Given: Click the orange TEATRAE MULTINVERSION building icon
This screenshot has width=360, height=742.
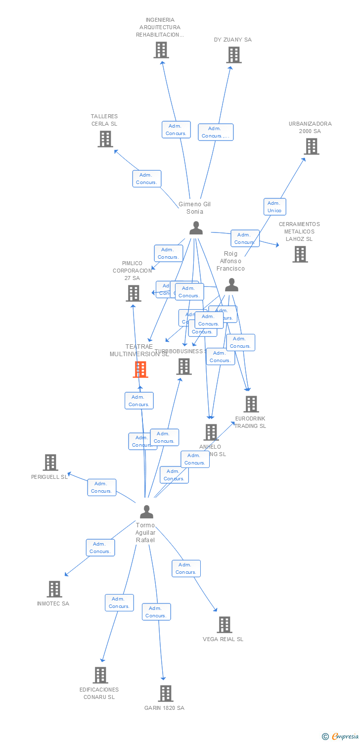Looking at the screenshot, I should (140, 369).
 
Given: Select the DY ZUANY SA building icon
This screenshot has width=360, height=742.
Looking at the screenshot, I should (234, 55).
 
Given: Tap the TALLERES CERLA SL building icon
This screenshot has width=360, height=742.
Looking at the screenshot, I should (105, 139).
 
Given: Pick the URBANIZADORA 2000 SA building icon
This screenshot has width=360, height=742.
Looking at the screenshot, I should (311, 146).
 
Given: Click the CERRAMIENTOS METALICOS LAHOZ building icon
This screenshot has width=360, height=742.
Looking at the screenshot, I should (300, 254).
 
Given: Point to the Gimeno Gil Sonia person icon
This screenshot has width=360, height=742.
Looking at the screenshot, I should (196, 228).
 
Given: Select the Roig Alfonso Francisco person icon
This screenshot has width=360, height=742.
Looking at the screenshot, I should (231, 285).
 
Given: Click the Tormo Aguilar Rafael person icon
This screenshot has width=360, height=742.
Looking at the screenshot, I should (146, 511).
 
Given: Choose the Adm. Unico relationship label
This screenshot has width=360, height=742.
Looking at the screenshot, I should (274, 207).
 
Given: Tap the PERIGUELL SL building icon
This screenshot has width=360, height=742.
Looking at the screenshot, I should (50, 463).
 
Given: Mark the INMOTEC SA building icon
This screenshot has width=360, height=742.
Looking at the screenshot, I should (54, 589).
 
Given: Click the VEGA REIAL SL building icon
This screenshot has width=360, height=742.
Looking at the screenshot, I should (225, 625).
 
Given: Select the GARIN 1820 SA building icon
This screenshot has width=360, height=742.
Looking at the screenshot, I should (166, 694).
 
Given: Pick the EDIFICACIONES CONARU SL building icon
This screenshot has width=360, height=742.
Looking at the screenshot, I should (100, 675).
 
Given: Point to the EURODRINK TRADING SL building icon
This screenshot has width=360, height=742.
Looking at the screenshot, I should (251, 404).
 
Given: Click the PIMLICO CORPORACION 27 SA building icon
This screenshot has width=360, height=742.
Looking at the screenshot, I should (134, 293).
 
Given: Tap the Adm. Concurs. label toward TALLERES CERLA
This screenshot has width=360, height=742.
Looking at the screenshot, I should (146, 179).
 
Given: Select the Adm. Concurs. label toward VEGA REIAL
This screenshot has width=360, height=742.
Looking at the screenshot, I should (186, 568).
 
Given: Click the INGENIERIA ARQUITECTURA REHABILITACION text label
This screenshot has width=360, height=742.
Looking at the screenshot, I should (160, 27).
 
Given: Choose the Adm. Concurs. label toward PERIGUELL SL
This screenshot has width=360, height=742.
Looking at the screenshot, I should (102, 487).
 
